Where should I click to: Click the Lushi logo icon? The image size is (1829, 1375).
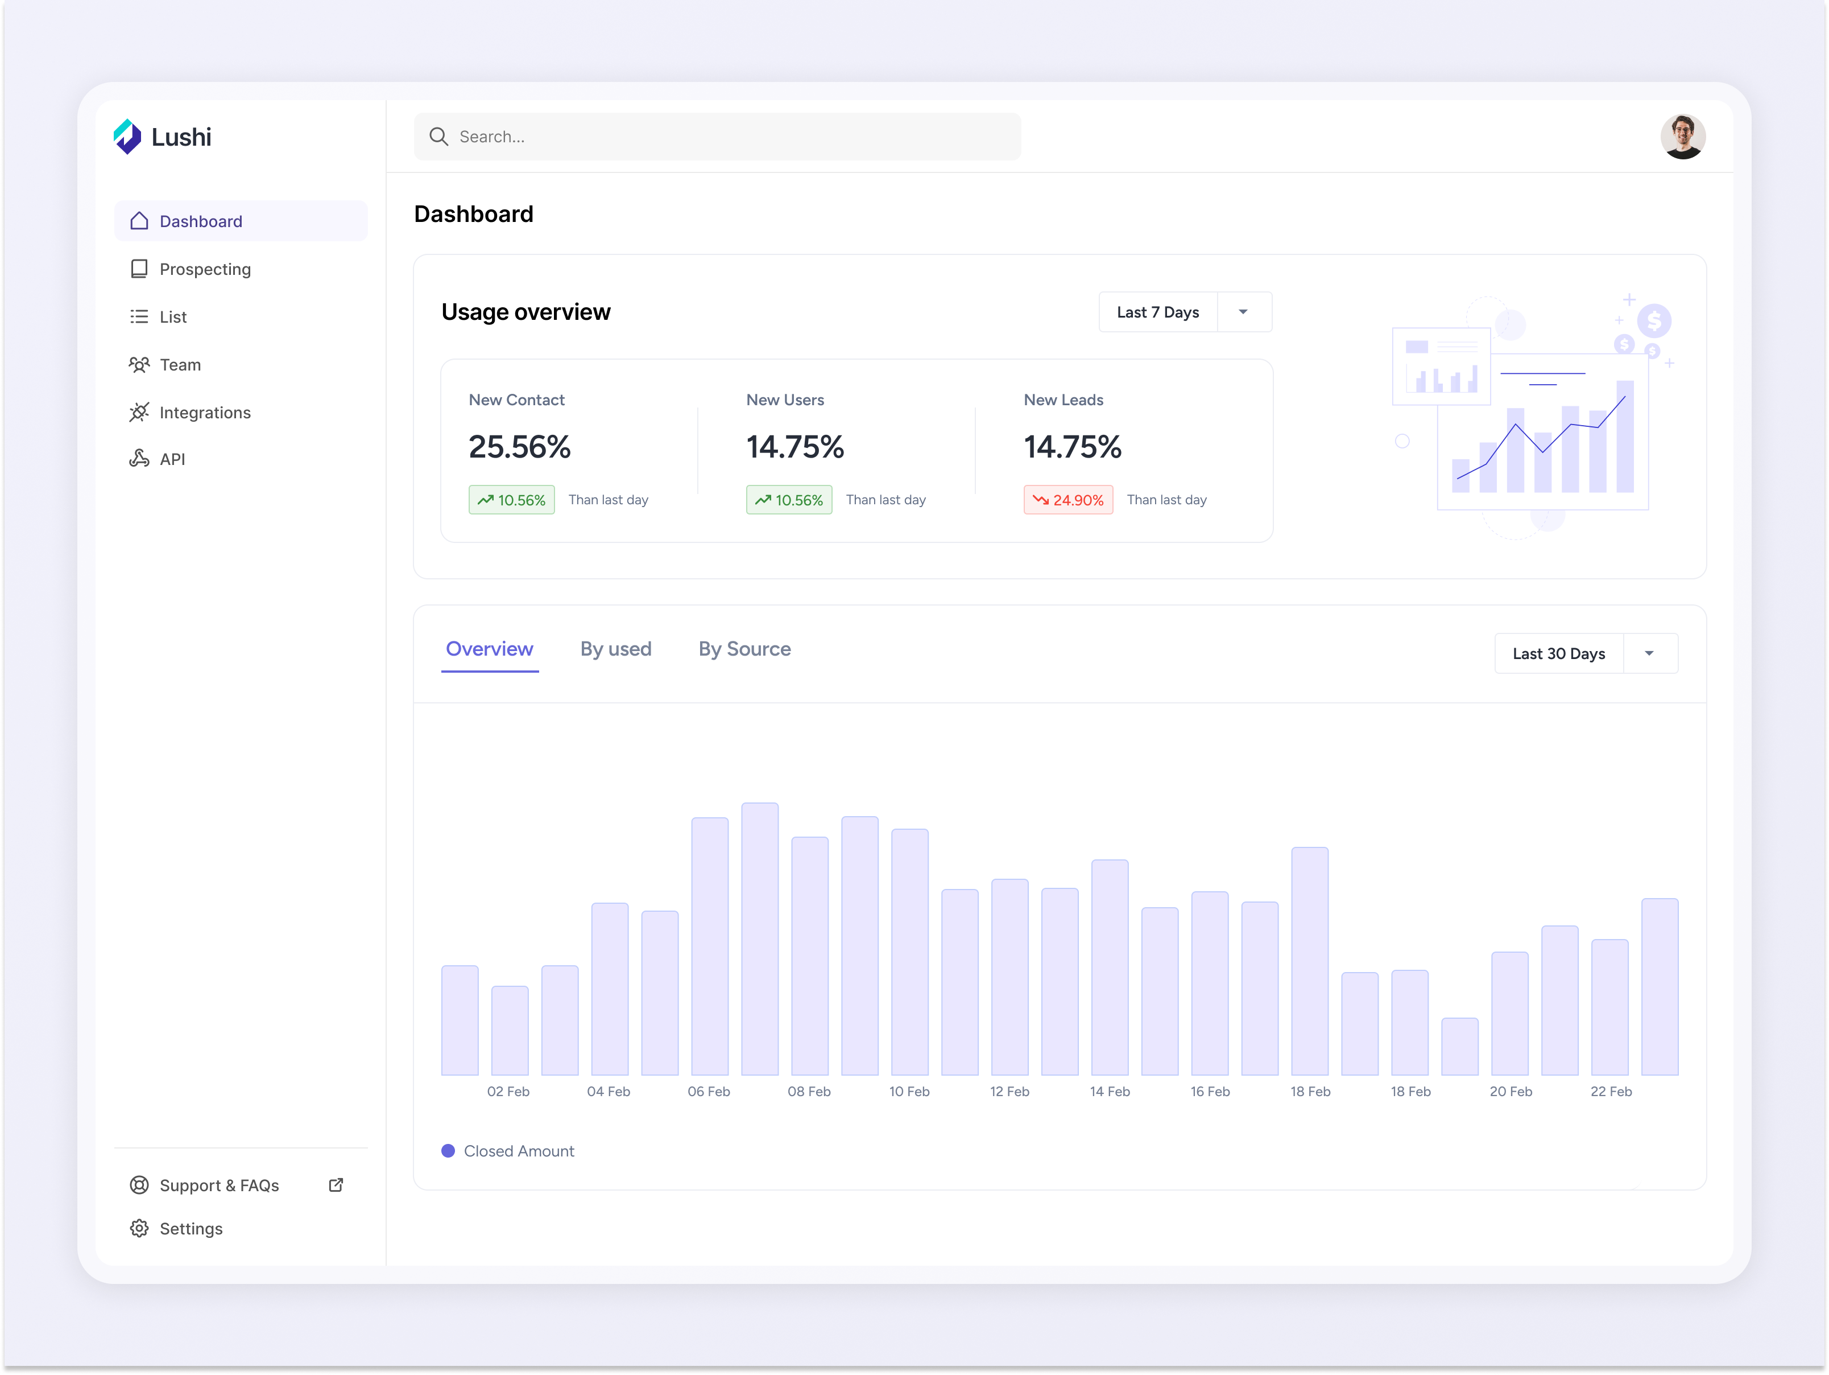[x=127, y=137]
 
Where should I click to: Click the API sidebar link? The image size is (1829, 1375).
[x=171, y=459]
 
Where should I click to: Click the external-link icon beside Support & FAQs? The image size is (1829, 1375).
[x=336, y=1185]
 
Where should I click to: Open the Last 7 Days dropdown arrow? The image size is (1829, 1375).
[x=1243, y=312]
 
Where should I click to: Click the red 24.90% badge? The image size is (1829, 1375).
[x=1067, y=500]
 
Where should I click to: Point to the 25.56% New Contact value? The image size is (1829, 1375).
[x=519, y=447]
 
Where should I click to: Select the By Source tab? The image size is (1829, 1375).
[x=744, y=649]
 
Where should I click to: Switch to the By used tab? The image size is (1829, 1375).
[x=615, y=649]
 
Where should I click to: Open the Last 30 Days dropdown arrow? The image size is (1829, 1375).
[x=1649, y=653]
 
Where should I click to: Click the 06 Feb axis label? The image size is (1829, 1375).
[x=709, y=1091]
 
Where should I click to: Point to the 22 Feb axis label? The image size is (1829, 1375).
[x=1611, y=1091]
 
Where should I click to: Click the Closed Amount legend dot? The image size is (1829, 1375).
[x=448, y=1151]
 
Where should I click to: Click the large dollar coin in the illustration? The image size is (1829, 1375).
[x=1654, y=321]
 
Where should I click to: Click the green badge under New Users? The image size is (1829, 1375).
[x=789, y=500]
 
